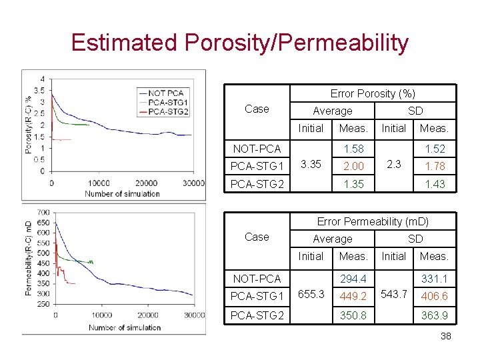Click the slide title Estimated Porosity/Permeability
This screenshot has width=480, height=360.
(x=239, y=43)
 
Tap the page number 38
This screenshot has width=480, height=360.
(x=445, y=336)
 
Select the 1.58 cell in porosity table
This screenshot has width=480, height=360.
(x=353, y=149)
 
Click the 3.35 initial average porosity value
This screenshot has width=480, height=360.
(x=311, y=164)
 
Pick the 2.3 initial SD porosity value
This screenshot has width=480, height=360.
(x=394, y=164)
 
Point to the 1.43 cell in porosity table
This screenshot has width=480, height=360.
(x=435, y=184)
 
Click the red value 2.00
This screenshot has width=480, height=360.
(x=353, y=167)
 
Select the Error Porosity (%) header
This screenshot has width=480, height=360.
(x=373, y=93)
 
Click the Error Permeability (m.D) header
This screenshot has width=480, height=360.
(x=373, y=221)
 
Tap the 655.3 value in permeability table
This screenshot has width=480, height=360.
(x=311, y=294)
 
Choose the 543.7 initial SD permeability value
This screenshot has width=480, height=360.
(x=394, y=294)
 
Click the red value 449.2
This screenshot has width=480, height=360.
(x=353, y=296)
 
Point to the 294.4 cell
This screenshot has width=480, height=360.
(x=353, y=279)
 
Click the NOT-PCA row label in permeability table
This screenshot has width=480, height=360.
(x=257, y=279)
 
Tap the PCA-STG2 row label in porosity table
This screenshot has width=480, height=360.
(x=257, y=184)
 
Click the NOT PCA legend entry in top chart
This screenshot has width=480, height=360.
(x=167, y=93)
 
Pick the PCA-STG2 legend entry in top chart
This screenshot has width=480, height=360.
(x=169, y=111)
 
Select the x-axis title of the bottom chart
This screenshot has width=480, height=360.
(x=125, y=327)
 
